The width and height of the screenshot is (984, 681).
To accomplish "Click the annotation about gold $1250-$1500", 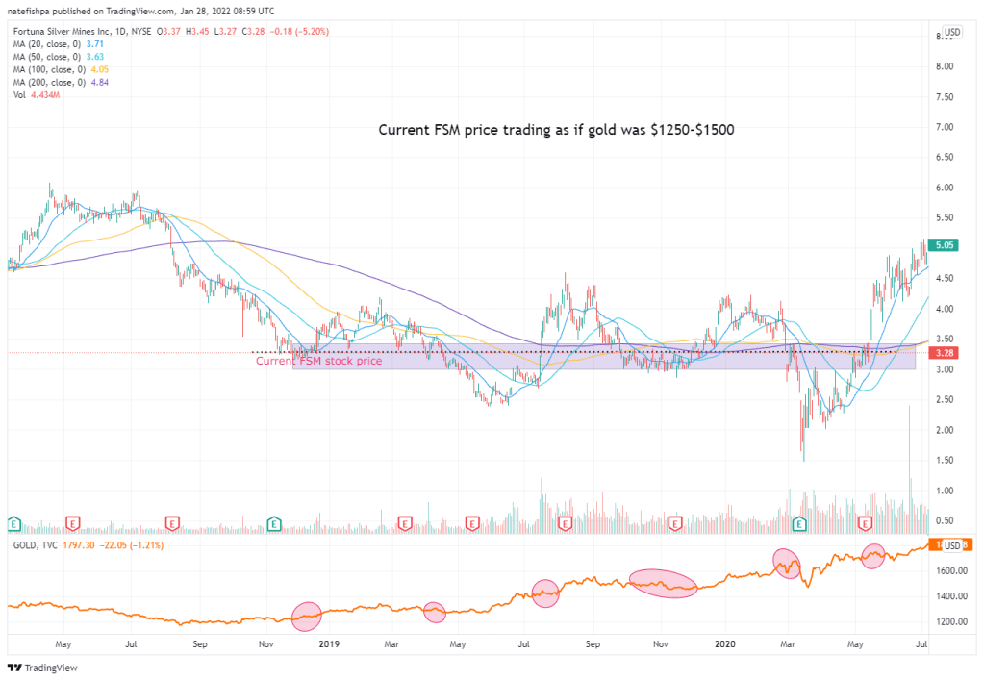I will (556, 130).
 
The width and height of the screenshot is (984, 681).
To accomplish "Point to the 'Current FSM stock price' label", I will (318, 361).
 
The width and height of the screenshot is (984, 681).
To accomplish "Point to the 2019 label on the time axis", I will (330, 643).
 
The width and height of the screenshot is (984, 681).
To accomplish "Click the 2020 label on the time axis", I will (723, 643).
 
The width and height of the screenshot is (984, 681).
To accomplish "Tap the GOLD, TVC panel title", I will (33, 544).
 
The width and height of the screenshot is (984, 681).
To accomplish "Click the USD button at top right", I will (951, 32).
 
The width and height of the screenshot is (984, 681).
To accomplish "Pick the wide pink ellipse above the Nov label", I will (663, 584).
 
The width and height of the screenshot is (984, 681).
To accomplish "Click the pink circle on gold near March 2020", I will (787, 563).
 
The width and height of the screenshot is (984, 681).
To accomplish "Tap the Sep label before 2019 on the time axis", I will (200, 643).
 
